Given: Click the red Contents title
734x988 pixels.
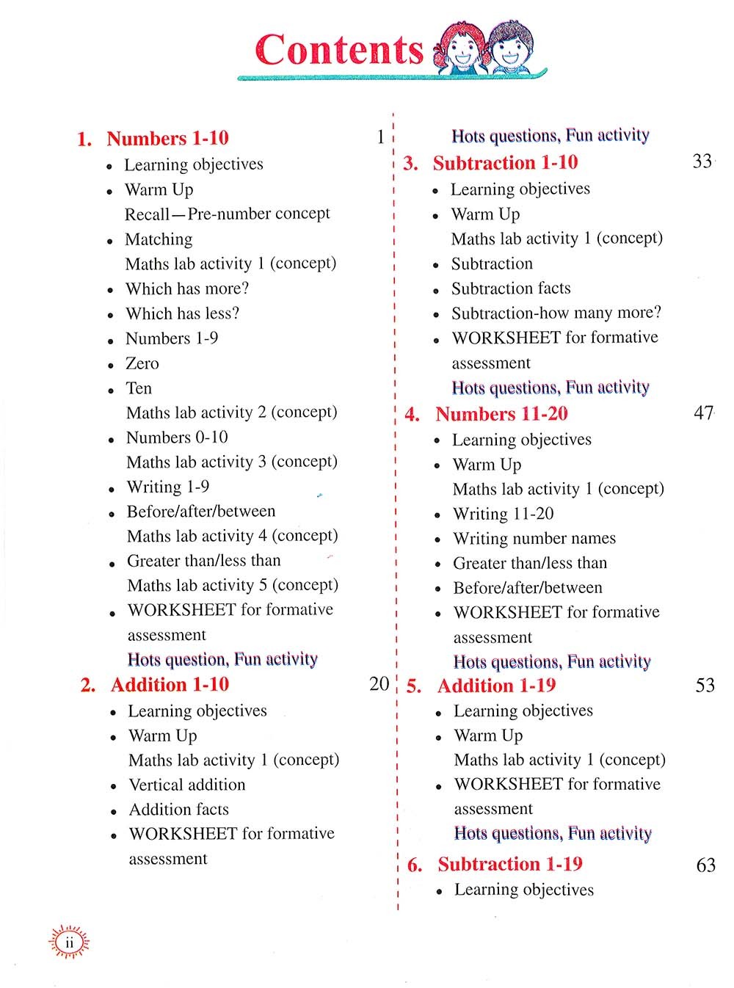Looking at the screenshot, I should pos(339,50).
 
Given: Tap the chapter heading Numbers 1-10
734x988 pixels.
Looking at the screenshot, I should pos(167,138).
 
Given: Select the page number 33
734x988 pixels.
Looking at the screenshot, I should pos(702,161).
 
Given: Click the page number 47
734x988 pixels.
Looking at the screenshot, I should pos(702,413).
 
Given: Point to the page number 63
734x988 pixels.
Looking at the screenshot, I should pos(705,865).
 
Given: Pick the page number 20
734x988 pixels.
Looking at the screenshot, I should pos(379,683).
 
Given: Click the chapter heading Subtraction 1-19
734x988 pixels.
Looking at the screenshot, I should pos(510,864).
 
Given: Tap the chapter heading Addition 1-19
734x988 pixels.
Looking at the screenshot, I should pos(496,686).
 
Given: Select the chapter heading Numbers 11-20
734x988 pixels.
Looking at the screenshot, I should pos(501,414).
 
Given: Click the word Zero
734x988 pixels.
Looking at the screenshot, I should pos(142,363).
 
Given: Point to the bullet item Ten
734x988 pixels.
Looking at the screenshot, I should pos(139,388).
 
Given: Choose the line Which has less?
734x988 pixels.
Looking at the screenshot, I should pos(182,313).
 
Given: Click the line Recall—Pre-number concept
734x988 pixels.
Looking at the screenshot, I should pos(228,214).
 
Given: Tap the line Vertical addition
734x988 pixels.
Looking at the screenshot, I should pos(187,785).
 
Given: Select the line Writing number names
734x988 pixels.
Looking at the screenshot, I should pos(534,538).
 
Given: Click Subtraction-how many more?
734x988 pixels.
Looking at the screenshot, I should pos(556,313).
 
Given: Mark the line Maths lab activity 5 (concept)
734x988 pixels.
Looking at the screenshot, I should pos(233,585).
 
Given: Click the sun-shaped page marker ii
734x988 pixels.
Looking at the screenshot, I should pos(69,942).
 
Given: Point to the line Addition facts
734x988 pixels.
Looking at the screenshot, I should pos(178,809).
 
